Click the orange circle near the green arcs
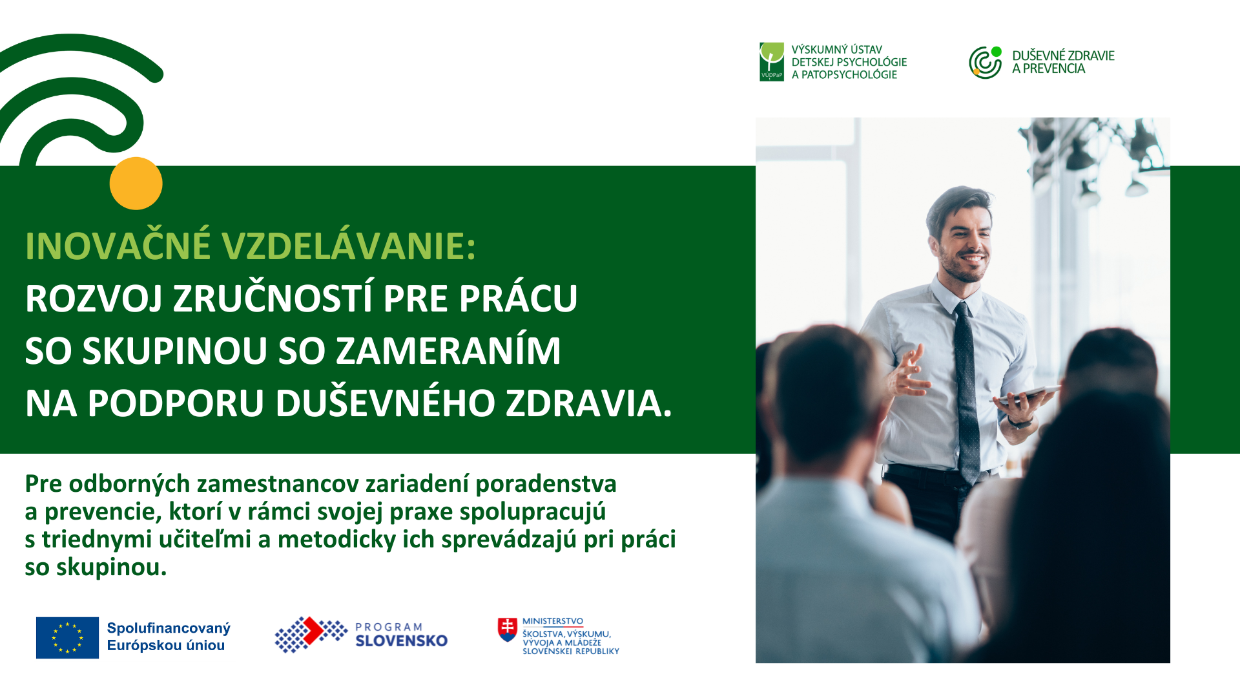pyautogui.click(x=136, y=184)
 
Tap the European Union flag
pyautogui.click(x=67, y=638)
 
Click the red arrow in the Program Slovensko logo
pyautogui.click(x=313, y=631)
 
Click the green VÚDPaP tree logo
pyautogui.click(x=772, y=62)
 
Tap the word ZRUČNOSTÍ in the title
pyautogui.click(x=274, y=299)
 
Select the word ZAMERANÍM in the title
pyautogui.click(x=448, y=351)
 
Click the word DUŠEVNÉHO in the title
pyautogui.click(x=386, y=403)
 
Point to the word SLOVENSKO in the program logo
pyautogui.click(x=402, y=641)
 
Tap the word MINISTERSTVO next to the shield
pyautogui.click(x=553, y=621)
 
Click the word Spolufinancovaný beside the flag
pyautogui.click(x=169, y=629)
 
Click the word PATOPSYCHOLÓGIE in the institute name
pyautogui.click(x=849, y=75)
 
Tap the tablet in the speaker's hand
pyautogui.click(x=1027, y=394)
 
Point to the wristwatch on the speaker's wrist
pyautogui.click(x=1020, y=423)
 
